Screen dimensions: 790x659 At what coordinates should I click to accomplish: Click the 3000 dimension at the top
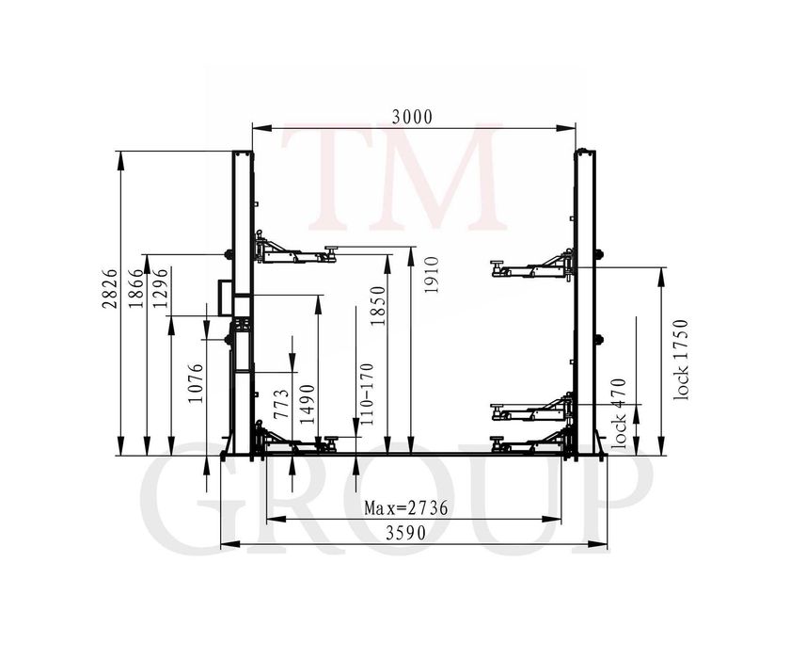(412, 117)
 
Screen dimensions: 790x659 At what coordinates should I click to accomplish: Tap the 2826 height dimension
(110, 288)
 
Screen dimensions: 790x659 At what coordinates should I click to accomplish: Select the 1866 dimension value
(136, 287)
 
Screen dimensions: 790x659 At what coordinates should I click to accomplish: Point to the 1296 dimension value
(160, 288)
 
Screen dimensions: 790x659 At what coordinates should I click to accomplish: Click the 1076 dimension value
(196, 383)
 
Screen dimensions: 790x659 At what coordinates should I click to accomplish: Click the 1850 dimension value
(378, 306)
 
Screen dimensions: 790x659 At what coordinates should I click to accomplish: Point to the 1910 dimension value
(432, 275)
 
